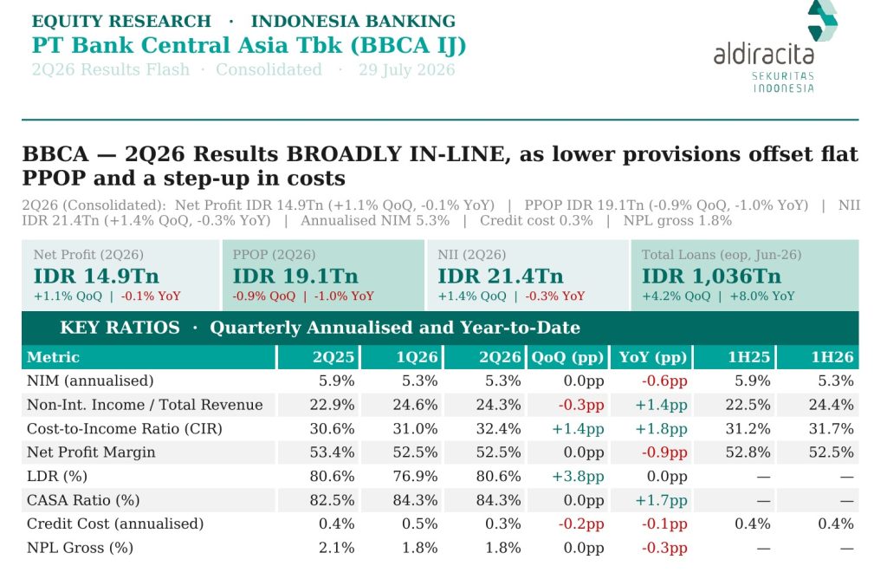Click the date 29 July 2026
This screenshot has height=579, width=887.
(407, 69)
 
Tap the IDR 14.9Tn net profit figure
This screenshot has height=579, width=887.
(96, 276)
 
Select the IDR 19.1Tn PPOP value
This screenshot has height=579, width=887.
(295, 276)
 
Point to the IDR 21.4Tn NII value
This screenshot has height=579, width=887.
(501, 276)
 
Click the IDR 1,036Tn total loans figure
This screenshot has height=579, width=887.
(711, 276)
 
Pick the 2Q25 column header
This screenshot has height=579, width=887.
(333, 357)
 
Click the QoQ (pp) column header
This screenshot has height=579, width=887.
(567, 357)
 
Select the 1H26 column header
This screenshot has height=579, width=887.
(832, 357)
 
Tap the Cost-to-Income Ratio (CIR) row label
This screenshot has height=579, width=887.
(125, 428)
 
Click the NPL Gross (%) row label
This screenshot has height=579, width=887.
(80, 548)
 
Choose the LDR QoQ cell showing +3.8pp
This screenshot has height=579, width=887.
(578, 477)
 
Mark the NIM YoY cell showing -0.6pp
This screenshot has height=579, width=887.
(664, 381)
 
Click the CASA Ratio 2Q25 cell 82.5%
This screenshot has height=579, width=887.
(332, 500)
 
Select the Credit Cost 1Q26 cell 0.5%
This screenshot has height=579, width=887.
(420, 524)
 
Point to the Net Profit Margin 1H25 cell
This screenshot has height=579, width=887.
(748, 452)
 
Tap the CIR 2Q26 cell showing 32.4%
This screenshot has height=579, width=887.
(498, 428)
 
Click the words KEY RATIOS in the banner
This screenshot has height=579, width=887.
(120, 328)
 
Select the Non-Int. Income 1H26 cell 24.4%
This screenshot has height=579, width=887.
(831, 405)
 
